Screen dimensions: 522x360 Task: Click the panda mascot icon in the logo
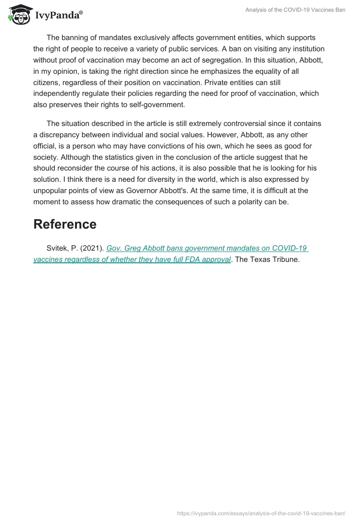click(x=18, y=13)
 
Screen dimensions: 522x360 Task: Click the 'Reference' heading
click(x=65, y=224)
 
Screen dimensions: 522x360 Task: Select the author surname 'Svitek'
click(x=57, y=248)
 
